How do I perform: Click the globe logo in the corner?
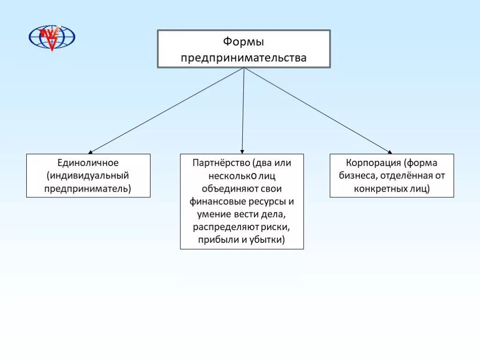pos(52,37)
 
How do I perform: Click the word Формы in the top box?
pos(243,42)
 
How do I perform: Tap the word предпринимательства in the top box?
pos(243,58)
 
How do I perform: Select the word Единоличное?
pos(88,163)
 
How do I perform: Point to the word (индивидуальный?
pos(88,176)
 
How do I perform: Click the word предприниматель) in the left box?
pos(88,188)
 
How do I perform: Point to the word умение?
pos(209,215)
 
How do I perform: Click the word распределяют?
pos(221,227)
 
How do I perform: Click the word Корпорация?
pos(373,163)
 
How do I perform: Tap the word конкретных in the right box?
pos(376,188)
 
